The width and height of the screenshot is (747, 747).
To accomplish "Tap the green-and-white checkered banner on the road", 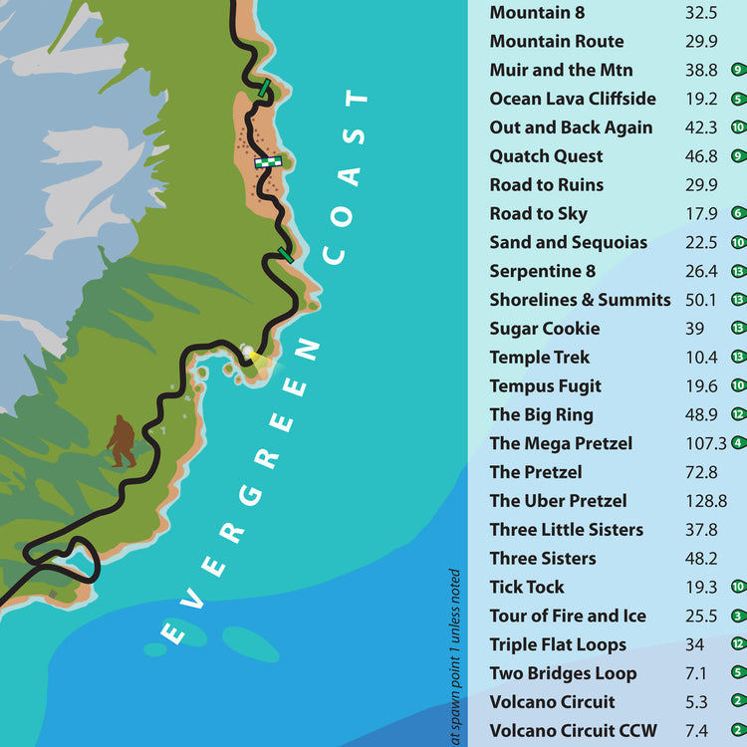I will pos(268,160).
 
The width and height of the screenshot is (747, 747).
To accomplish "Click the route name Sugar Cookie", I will pos(544,329).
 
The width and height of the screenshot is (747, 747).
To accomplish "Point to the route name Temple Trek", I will pos(539,358).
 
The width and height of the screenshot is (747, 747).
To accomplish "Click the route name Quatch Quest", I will pos(546,156).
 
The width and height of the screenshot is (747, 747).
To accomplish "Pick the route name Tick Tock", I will pos(526,588).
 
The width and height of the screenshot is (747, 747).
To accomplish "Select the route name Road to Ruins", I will pos(546,185).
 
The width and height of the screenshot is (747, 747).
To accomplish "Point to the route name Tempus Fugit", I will pos(545,386).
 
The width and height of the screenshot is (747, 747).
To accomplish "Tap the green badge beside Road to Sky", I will pos(738,213).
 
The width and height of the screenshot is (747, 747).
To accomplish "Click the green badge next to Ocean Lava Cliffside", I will pos(738,99).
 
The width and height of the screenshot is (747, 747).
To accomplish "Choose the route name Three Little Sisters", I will pos(566,530).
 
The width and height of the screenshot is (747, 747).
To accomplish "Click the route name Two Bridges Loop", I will pos(563,673).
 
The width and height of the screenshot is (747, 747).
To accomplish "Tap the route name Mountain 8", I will pos(536,13).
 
